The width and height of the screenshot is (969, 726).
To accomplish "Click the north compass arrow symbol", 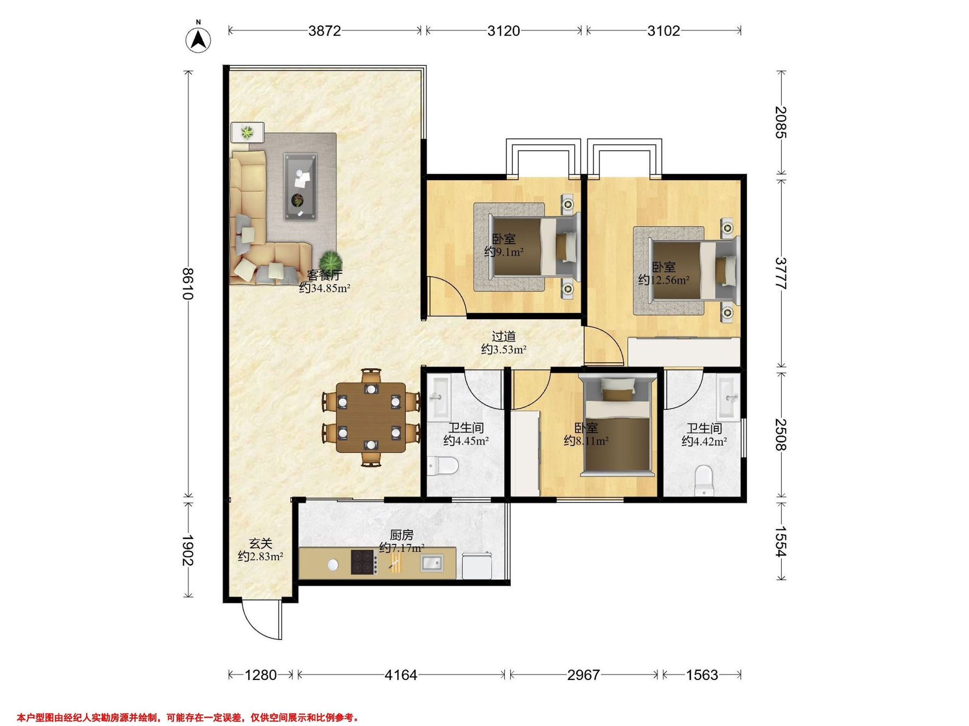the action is click(x=199, y=40).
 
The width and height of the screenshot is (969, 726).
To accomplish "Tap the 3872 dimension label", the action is click(x=324, y=31).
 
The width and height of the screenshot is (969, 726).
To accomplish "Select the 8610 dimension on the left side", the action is click(x=189, y=284).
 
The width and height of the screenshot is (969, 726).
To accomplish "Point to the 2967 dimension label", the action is click(x=583, y=675).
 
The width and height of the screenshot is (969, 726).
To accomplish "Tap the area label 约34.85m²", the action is click(x=325, y=288).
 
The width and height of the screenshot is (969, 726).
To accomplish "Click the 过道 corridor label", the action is click(x=503, y=336).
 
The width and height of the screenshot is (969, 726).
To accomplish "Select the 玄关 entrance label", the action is click(x=261, y=544).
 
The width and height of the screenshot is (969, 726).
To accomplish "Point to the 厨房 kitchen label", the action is click(x=402, y=535).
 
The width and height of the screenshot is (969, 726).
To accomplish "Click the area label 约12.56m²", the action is click(x=664, y=280).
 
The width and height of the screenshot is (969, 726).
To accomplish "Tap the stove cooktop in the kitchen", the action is click(x=364, y=562).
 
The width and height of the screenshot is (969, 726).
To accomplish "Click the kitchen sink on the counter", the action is click(x=432, y=563).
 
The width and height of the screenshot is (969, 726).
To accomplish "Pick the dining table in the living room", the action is click(x=371, y=417).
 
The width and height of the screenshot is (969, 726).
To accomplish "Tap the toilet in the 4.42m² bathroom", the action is click(x=704, y=481).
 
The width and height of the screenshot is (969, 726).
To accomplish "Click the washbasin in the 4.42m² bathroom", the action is click(x=728, y=398).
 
